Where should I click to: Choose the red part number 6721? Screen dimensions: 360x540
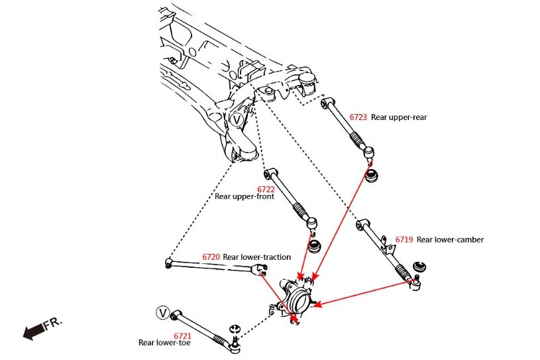[182, 335]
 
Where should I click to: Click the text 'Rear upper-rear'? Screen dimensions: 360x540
[399, 117]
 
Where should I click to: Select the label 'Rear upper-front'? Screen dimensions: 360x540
[244, 196]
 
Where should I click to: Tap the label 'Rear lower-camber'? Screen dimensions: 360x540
[450, 239]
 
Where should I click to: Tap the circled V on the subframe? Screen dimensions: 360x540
[237, 119]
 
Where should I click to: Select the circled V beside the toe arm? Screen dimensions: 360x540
[162, 312]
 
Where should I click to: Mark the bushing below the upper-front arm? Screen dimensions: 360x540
[315, 246]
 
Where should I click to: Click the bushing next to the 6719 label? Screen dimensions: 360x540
[419, 267]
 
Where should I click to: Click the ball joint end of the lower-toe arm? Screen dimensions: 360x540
[233, 341]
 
